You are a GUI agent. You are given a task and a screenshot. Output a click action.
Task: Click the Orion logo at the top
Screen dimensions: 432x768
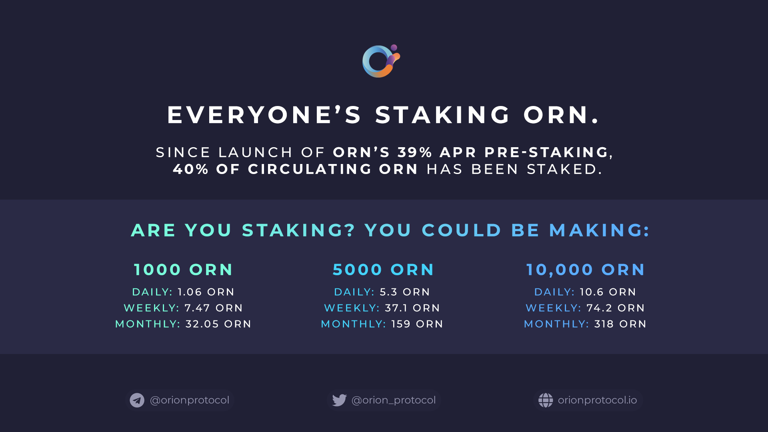click(380, 61)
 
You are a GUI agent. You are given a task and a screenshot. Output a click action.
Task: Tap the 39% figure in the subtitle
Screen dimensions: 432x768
click(415, 152)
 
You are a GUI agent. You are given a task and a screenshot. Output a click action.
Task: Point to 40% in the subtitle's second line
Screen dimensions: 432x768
click(190, 169)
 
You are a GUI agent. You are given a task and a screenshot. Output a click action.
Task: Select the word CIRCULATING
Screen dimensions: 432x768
click(310, 169)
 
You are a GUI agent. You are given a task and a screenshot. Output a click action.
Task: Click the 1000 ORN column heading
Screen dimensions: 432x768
click(183, 270)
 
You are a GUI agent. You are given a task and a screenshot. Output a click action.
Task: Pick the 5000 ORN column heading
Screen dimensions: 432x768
click(383, 270)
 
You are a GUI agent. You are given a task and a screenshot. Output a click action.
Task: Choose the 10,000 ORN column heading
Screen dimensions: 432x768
click(585, 270)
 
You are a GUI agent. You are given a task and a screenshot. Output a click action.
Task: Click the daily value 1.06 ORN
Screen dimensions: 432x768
click(206, 292)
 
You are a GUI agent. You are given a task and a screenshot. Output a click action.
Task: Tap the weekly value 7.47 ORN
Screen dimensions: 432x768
click(214, 308)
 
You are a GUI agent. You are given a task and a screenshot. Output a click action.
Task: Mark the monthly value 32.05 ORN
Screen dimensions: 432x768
click(218, 324)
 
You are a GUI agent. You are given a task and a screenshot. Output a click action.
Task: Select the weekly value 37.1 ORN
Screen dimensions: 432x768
click(412, 308)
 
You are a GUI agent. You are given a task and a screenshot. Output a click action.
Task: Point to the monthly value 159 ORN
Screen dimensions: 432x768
click(417, 324)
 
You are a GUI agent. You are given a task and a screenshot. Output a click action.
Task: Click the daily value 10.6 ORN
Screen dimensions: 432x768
click(608, 292)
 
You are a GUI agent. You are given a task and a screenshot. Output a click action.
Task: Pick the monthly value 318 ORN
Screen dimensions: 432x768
click(620, 324)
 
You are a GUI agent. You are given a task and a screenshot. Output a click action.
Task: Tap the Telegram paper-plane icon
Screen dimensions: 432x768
click(137, 400)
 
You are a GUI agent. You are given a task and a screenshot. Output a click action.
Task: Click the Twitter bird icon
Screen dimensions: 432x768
click(339, 400)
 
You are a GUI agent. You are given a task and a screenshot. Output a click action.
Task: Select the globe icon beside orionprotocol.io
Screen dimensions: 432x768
click(546, 400)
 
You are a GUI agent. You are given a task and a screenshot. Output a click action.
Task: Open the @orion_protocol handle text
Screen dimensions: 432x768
click(394, 400)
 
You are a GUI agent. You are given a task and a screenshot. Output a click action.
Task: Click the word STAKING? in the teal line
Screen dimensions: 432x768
click(298, 230)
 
